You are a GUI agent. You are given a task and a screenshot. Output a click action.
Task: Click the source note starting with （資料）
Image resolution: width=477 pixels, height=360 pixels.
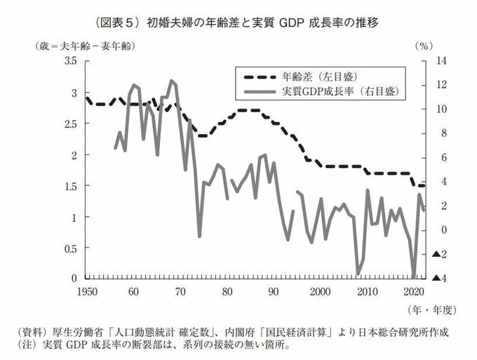tap(238, 331)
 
